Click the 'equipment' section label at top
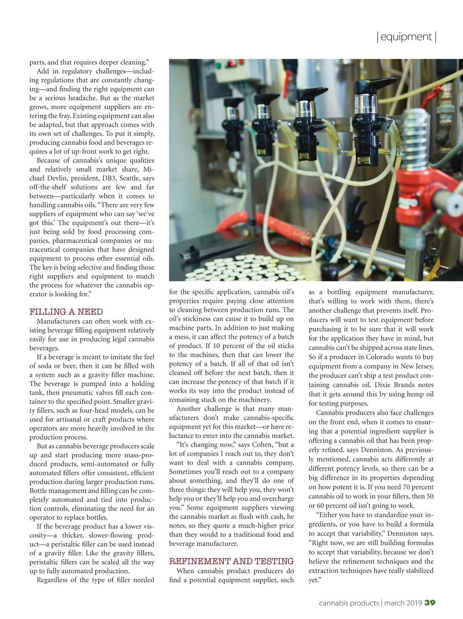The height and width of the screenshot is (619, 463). (406, 37)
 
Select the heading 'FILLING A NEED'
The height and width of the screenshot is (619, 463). (66, 312)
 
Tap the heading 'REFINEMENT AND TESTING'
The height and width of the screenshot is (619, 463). (231, 561)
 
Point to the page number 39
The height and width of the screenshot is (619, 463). (430, 603)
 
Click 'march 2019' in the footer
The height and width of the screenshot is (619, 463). (403, 603)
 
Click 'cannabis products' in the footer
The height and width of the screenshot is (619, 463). (349, 603)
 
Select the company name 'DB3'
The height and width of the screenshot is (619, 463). (108, 178)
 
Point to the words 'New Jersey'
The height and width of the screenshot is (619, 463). (417, 366)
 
